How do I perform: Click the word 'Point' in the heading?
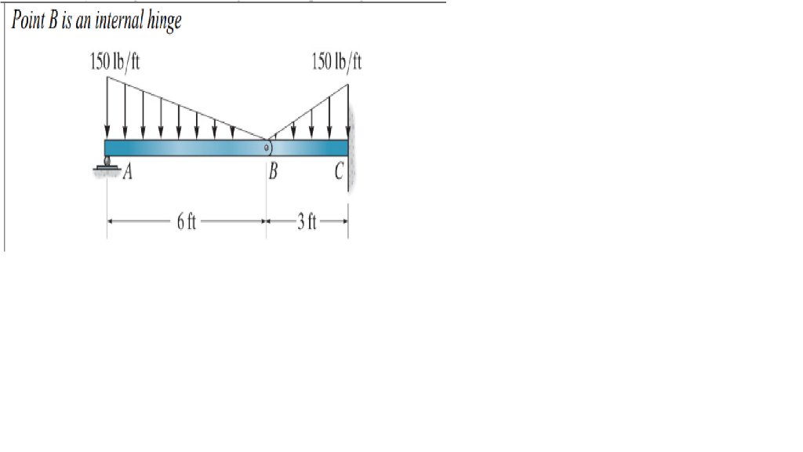(29, 20)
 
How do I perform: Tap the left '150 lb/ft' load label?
(115, 60)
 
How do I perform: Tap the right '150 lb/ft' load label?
(336, 60)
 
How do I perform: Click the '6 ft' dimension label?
(186, 222)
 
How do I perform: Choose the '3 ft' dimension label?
(306, 222)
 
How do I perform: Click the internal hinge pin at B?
(267, 147)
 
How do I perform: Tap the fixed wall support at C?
(353, 149)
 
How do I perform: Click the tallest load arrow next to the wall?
(347, 110)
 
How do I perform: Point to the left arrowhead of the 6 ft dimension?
(111, 222)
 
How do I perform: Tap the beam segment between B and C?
(310, 148)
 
